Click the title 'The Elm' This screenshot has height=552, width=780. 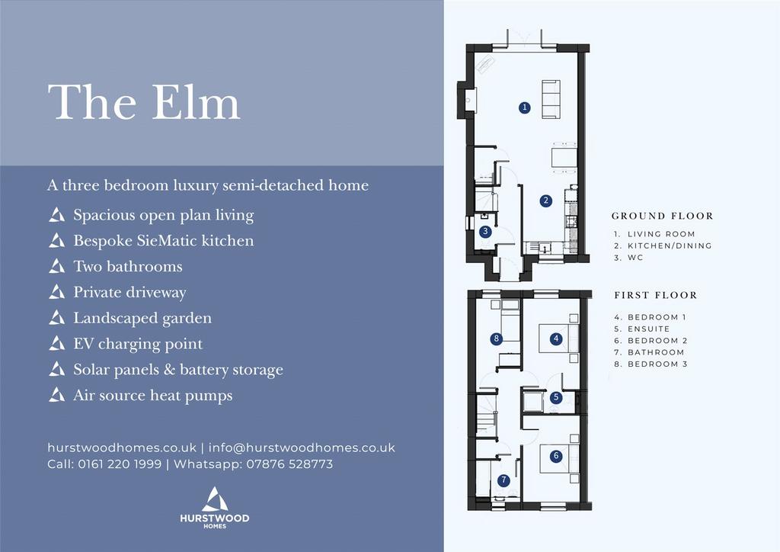144,102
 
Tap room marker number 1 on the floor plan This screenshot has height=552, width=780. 524,108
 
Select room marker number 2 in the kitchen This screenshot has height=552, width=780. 546,201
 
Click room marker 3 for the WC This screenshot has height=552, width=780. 485,232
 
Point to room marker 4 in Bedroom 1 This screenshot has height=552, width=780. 556,339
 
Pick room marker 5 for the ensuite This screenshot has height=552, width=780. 556,398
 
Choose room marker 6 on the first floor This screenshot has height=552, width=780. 556,456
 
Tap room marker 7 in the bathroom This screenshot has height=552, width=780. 504,480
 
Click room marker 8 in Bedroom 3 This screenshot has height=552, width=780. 496,339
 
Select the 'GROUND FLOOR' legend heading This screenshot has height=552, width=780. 663,216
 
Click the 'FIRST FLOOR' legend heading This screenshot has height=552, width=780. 656,295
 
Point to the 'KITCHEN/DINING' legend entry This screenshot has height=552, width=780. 670,246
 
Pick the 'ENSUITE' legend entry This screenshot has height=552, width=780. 649,329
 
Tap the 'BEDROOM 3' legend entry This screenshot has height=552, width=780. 657,364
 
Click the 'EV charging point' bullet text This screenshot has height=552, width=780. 139,344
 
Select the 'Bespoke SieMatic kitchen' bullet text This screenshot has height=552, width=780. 164,241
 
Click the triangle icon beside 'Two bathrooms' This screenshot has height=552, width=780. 56,266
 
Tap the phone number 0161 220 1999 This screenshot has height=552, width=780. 120,464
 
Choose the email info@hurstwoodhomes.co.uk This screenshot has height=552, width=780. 302,448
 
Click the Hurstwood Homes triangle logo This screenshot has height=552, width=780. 215,499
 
